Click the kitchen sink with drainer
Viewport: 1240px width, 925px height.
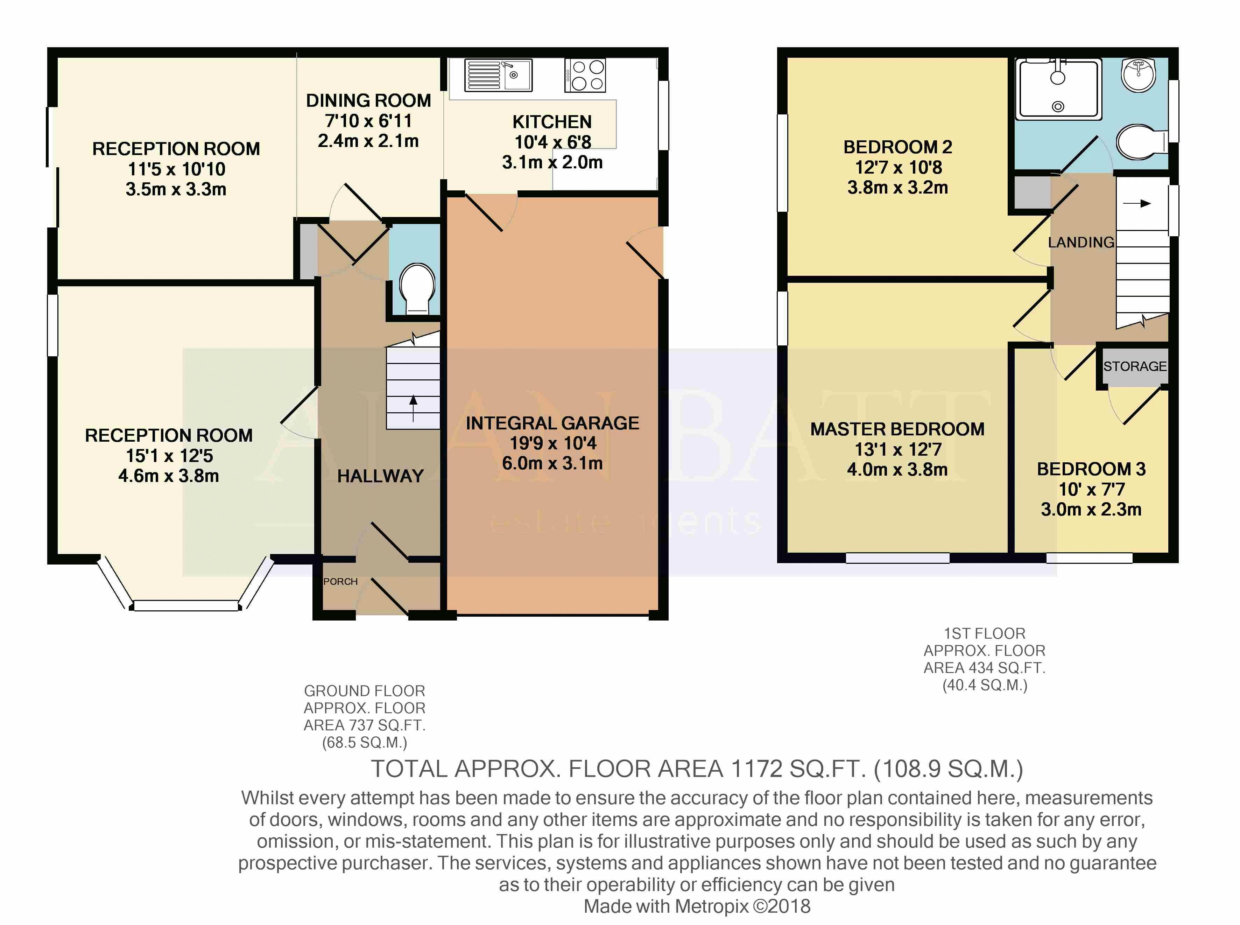pyautogui.click(x=498, y=75)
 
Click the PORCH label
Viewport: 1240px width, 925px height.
pyautogui.click(x=340, y=581)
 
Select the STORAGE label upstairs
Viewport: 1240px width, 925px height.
pyautogui.click(x=1135, y=366)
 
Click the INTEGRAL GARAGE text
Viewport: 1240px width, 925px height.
pyautogui.click(x=552, y=423)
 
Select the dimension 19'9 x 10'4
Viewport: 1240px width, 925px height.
pyautogui.click(x=552, y=443)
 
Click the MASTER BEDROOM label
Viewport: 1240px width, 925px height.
pyautogui.click(x=897, y=429)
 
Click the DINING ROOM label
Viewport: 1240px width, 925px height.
pyautogui.click(x=368, y=101)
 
